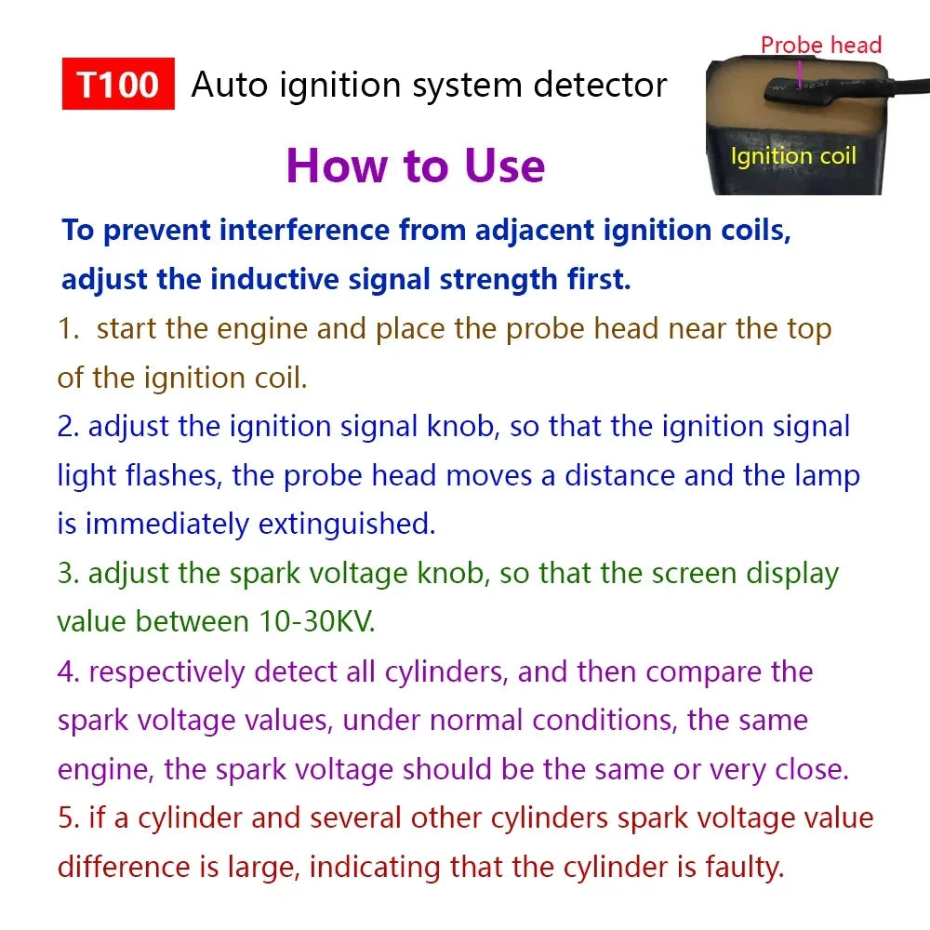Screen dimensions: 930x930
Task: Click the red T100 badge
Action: click(x=118, y=85)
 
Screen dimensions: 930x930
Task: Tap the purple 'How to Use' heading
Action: click(x=415, y=166)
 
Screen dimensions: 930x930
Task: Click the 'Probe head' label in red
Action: click(x=820, y=45)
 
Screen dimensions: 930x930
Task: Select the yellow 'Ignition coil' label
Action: click(x=793, y=156)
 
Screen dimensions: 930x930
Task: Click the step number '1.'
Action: click(x=69, y=328)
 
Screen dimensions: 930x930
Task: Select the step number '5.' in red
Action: click(x=69, y=818)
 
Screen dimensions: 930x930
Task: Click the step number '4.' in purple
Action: click(x=69, y=671)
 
